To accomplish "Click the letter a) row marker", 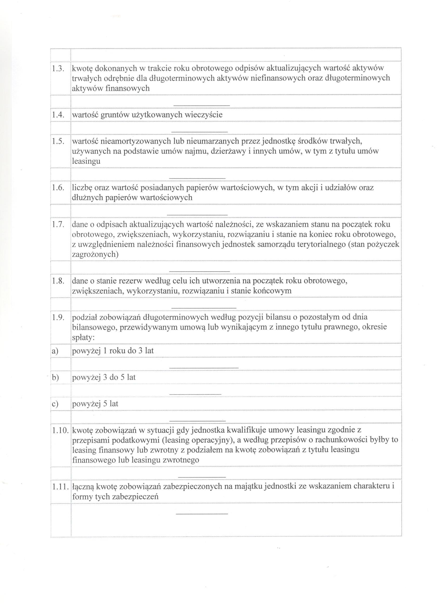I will point(55,351).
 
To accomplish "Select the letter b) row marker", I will point(55,377).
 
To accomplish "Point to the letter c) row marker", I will point(55,404).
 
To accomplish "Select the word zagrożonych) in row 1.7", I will point(95,254).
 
